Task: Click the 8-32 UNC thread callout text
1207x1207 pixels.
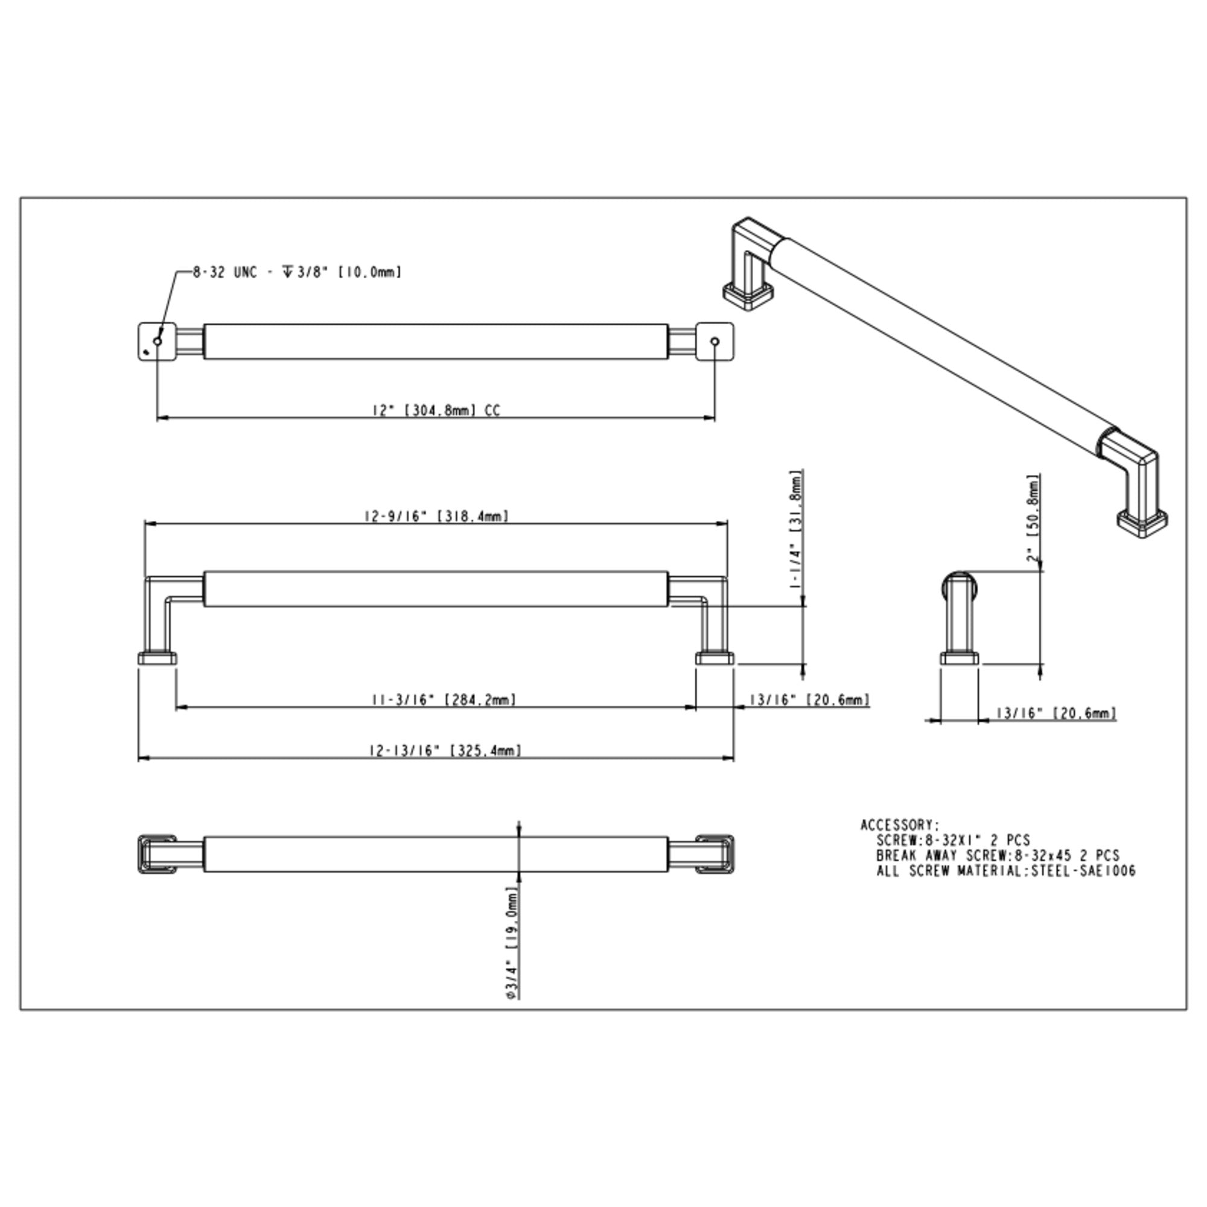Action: (x=297, y=272)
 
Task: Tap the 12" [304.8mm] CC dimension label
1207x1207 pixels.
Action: (x=436, y=410)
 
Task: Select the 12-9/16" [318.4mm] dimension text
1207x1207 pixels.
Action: (x=436, y=516)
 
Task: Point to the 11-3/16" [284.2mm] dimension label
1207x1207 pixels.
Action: (x=444, y=699)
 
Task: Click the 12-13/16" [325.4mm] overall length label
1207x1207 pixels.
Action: (x=445, y=750)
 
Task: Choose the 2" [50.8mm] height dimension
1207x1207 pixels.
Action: (x=1033, y=518)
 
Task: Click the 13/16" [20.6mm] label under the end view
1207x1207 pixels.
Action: (x=1056, y=713)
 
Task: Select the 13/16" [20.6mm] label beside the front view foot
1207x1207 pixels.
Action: (x=810, y=699)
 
